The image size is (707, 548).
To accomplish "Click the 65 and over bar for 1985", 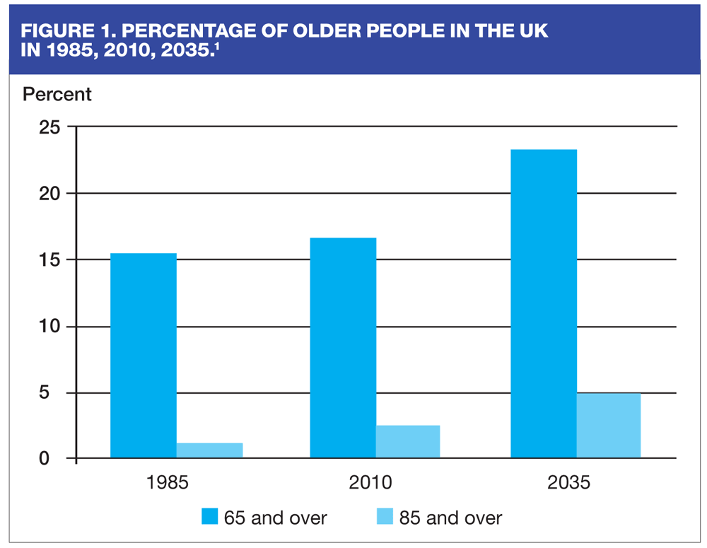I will [144, 356].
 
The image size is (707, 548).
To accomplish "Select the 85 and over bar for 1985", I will [210, 450].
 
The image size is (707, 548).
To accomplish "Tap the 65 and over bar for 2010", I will [343, 348].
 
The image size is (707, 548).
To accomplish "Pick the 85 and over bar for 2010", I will [408, 442].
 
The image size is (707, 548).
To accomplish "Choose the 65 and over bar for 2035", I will [544, 304].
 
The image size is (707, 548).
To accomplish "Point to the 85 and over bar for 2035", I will [609, 426].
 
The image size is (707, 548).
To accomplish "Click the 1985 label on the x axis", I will [168, 484].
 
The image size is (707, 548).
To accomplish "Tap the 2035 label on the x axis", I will [568, 484].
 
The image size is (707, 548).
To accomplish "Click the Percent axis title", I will [57, 94].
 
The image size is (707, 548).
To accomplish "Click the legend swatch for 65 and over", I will [210, 517].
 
